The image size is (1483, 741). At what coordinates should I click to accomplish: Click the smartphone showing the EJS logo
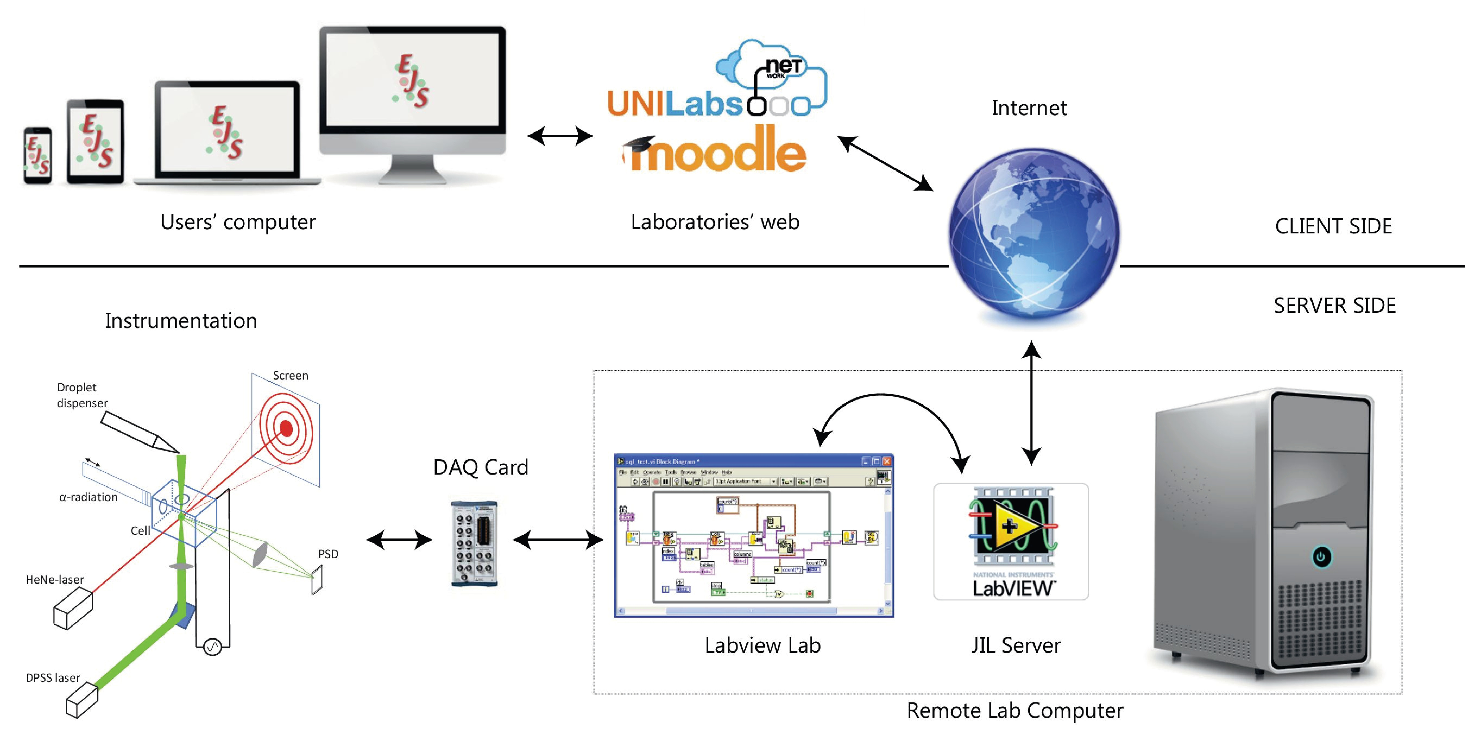coord(37,155)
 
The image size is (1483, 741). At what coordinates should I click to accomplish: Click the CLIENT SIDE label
coord(1333,226)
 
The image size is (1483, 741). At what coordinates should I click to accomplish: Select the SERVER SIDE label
coord(1334,306)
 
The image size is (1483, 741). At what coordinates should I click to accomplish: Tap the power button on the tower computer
coord(1321,556)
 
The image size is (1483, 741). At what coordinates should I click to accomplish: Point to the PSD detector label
coord(328,554)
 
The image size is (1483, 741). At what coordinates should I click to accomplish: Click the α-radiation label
coord(89,497)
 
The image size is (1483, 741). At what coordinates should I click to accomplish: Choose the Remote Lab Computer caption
coord(1014,710)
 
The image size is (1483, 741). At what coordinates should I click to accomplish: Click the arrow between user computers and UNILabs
coord(560,136)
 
